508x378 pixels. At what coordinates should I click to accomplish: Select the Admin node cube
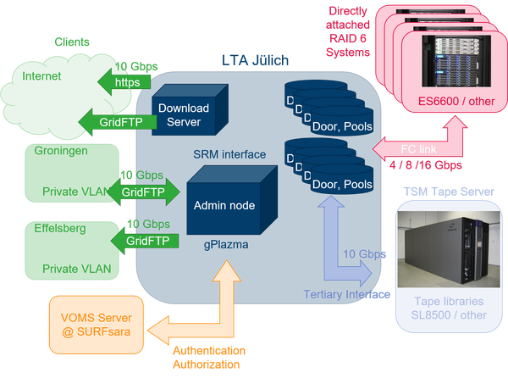tap(225, 204)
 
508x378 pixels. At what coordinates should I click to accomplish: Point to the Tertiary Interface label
tap(348, 293)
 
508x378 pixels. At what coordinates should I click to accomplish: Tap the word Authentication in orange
tap(210, 350)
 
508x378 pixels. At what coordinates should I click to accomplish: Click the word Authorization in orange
tap(209, 365)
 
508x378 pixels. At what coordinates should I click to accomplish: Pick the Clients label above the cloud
tap(73, 41)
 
